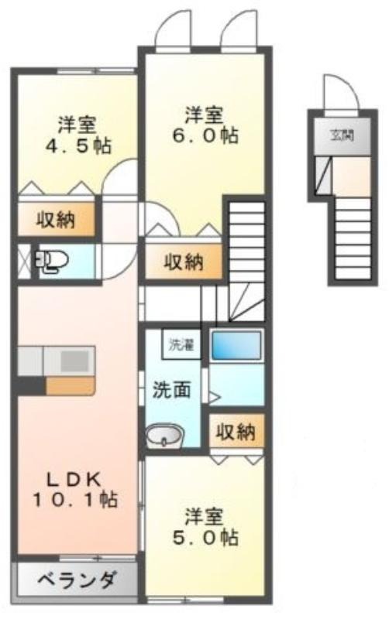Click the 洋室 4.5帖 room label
click(78, 135)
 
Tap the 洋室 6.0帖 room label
click(205, 125)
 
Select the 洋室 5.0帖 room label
click(205, 527)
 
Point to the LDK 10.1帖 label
click(75, 490)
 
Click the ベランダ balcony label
click(77, 580)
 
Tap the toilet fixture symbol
click(51, 261)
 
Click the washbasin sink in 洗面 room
click(164, 436)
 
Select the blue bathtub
click(236, 344)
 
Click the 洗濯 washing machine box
click(181, 344)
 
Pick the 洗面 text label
click(171, 390)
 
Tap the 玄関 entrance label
click(342, 135)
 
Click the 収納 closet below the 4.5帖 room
click(56, 220)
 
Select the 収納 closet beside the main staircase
click(184, 261)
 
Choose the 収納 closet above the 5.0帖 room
click(236, 432)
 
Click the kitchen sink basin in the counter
click(74, 361)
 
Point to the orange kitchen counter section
click(71, 385)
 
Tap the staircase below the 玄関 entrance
click(353, 238)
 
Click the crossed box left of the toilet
click(25, 261)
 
